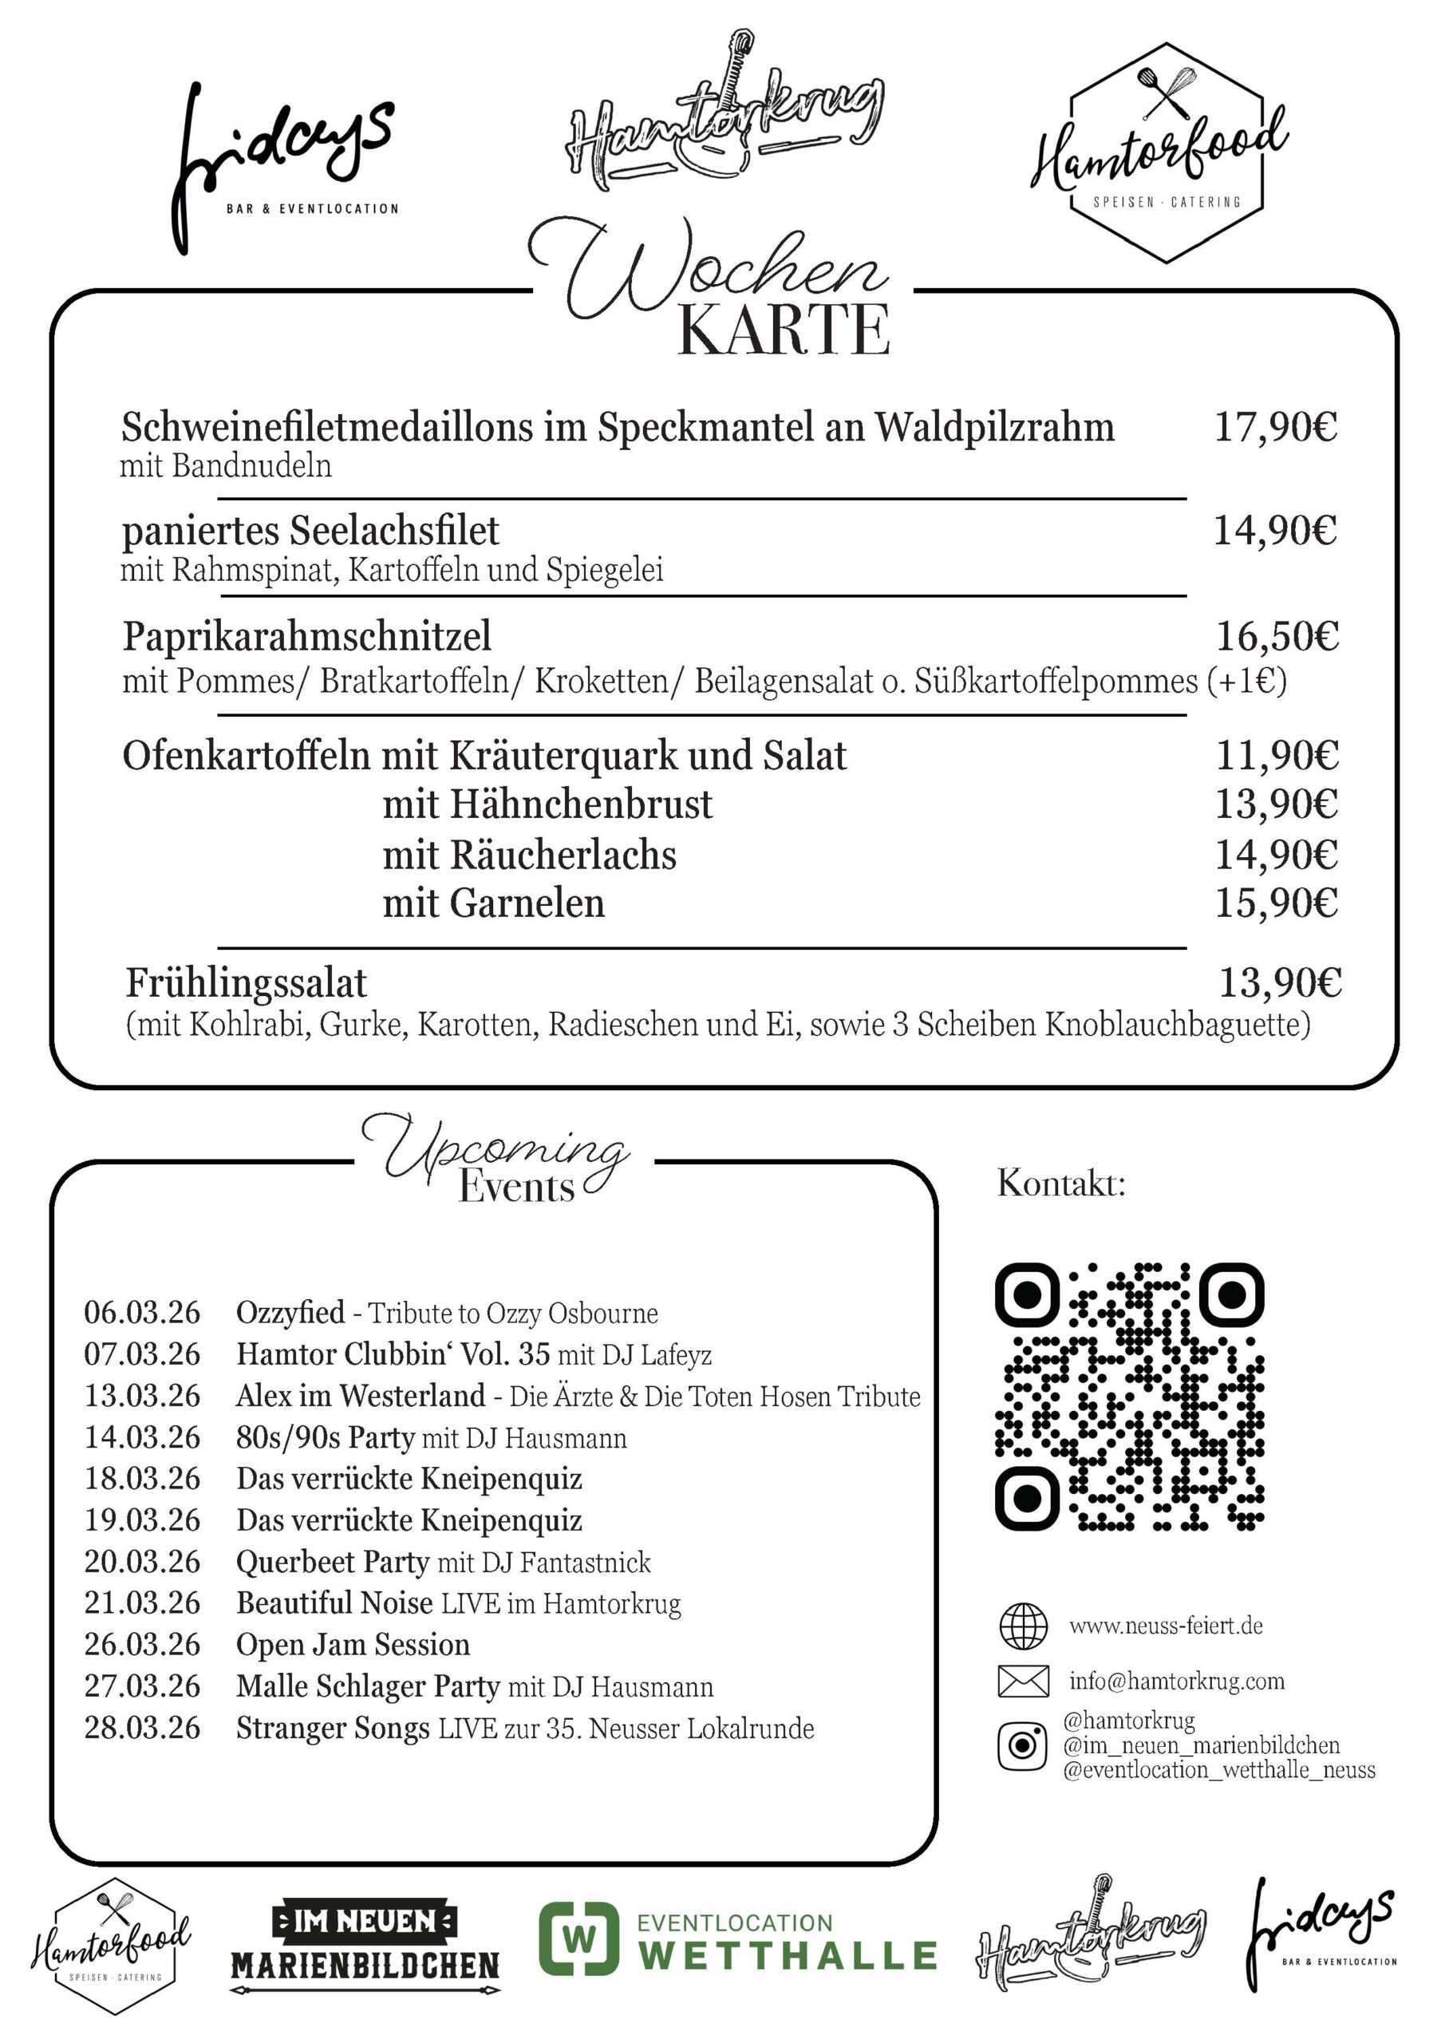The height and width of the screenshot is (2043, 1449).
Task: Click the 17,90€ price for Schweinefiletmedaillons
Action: pos(1275,427)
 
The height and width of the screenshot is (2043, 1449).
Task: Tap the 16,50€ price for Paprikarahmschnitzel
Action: pos(1277,637)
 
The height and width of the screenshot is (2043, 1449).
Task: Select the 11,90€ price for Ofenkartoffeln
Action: pos(1277,757)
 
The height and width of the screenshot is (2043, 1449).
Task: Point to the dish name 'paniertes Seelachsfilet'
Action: pos(310,531)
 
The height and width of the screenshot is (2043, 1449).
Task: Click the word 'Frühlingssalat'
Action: pos(247,983)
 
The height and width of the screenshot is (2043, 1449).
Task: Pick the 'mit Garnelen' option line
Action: pos(493,903)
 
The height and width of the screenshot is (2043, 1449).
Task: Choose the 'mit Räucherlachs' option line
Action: pos(529,856)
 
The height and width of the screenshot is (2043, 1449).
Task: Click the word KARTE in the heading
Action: pos(784,330)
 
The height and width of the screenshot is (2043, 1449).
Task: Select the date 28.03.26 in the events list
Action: pos(143,1728)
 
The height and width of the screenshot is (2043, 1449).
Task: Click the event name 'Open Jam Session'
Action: pos(353,1645)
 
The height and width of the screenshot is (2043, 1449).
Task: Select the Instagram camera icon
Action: pos(1022,1746)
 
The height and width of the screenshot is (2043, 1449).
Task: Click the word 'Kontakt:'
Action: pos(1061,1184)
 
